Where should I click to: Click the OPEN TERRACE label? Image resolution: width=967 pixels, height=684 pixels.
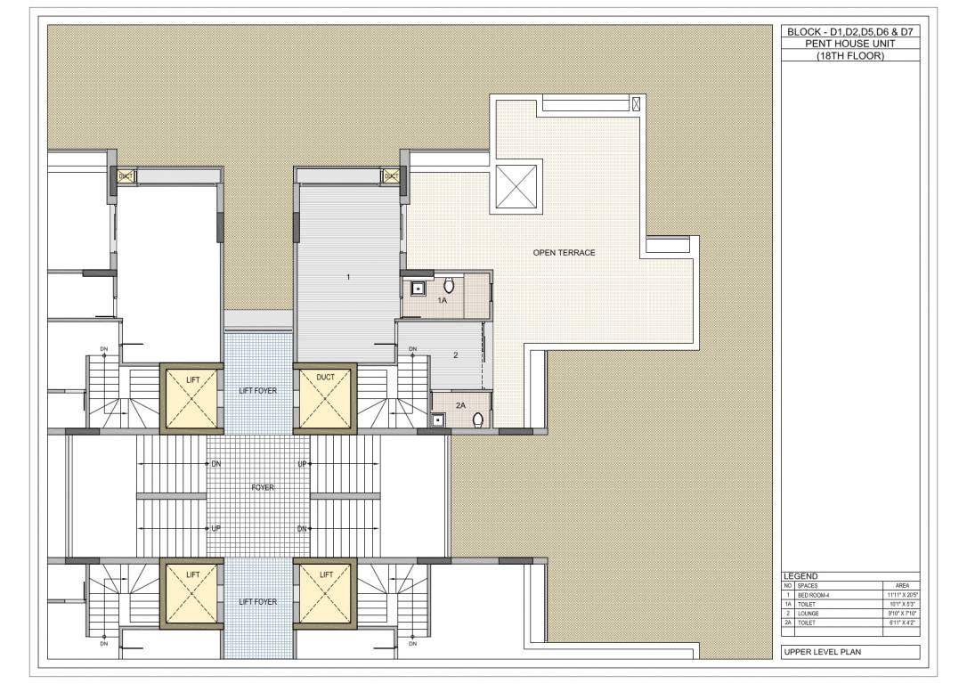[564, 253]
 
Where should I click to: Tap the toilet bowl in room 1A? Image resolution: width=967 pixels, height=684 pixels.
[449, 286]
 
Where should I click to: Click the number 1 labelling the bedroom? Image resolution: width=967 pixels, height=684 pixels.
[347, 278]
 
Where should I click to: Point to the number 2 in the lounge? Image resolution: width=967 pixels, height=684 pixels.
[455, 355]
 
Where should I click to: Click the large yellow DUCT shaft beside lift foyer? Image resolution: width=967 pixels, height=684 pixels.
[325, 398]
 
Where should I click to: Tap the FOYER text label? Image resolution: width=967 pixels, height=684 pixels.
[263, 488]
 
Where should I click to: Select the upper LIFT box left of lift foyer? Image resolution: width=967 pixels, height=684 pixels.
[192, 398]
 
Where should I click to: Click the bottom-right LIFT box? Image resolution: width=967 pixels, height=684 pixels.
[325, 594]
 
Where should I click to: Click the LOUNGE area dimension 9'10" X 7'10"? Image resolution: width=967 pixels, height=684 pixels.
[901, 613]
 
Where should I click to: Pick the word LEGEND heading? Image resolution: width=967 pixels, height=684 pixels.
[800, 576]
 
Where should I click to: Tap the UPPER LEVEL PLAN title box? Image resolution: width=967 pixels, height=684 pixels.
[849, 653]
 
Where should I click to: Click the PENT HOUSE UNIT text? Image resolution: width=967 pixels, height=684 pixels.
[849, 43]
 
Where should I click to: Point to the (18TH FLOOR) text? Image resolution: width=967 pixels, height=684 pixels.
[849, 55]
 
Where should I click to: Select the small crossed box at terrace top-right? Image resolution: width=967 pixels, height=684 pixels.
[636, 104]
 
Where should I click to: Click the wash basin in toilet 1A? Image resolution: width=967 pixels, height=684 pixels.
[417, 289]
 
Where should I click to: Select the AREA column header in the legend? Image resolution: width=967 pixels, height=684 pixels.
[901, 586]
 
